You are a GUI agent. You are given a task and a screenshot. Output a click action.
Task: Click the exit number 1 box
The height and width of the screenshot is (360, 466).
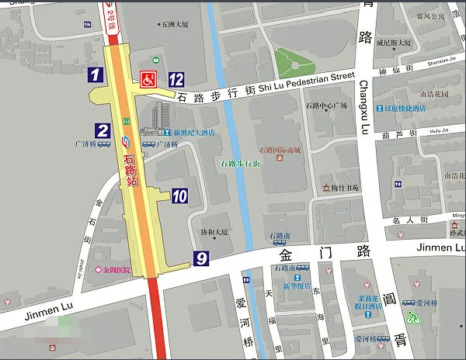pyautogui.click(x=95, y=75)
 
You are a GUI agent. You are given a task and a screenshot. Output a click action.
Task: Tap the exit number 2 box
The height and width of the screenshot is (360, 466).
pyautogui.click(x=103, y=130)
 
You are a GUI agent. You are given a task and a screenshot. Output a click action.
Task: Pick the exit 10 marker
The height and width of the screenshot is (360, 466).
pyautogui.click(x=179, y=196)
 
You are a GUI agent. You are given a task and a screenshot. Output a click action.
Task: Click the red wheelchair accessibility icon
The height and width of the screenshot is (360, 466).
pyautogui.click(x=147, y=78)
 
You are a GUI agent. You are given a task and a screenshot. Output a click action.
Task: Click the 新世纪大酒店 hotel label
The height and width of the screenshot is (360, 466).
pyautogui.click(x=193, y=133)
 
